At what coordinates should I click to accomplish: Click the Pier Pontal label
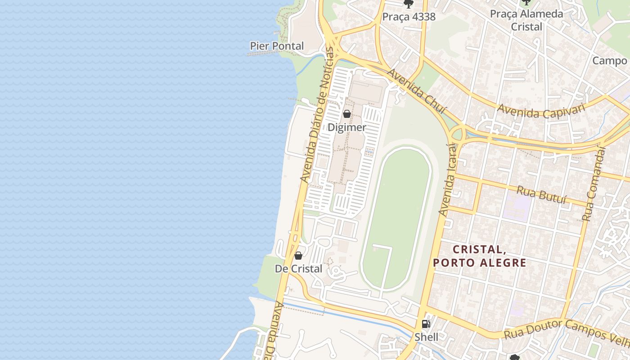coord(277,46)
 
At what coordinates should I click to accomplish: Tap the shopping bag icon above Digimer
coord(347,114)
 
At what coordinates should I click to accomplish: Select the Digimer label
coord(346,127)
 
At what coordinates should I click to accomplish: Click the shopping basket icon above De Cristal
coord(298,256)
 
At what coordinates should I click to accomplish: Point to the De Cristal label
coord(298,269)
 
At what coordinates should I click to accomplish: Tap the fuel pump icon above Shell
coord(426,324)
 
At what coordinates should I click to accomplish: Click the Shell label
coord(426,337)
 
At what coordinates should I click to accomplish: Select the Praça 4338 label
coord(409,17)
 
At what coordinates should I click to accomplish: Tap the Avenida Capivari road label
coord(541,110)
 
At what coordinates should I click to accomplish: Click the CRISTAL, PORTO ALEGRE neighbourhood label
coord(479,256)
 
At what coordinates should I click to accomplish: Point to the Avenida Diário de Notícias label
coord(318,116)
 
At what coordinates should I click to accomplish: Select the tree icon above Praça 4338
coord(409,4)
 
